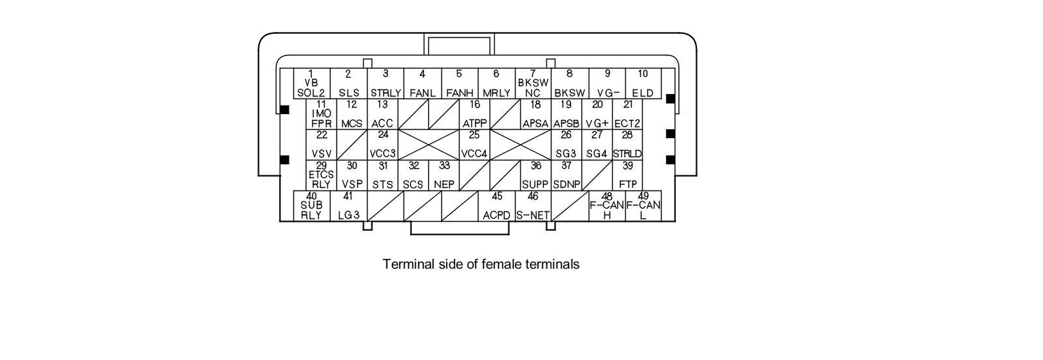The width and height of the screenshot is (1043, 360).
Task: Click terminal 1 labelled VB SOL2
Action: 311,83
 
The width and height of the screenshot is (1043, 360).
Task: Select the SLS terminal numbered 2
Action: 348,83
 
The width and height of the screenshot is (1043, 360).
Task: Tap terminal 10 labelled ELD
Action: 643,83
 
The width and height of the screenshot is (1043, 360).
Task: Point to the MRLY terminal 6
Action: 496,83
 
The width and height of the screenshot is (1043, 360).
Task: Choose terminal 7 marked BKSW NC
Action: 533,83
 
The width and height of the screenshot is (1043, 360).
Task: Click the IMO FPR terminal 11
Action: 321,114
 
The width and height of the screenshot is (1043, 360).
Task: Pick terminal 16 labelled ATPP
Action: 475,114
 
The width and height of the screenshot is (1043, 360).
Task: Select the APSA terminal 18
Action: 535,114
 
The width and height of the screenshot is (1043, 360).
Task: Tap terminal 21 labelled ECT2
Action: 628,114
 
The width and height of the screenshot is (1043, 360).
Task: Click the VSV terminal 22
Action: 321,145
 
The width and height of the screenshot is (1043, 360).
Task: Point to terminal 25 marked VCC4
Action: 475,145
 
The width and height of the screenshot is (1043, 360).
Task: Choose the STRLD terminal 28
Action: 627,145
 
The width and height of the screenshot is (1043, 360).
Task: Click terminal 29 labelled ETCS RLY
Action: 321,175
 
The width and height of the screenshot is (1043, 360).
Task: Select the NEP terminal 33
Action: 444,175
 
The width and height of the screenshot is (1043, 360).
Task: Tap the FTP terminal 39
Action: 627,175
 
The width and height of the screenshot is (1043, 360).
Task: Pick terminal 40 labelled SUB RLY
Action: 312,206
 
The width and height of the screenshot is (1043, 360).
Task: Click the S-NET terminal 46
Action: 533,206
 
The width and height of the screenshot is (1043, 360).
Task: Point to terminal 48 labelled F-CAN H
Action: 607,206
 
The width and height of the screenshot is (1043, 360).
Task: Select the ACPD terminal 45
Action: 496,206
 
